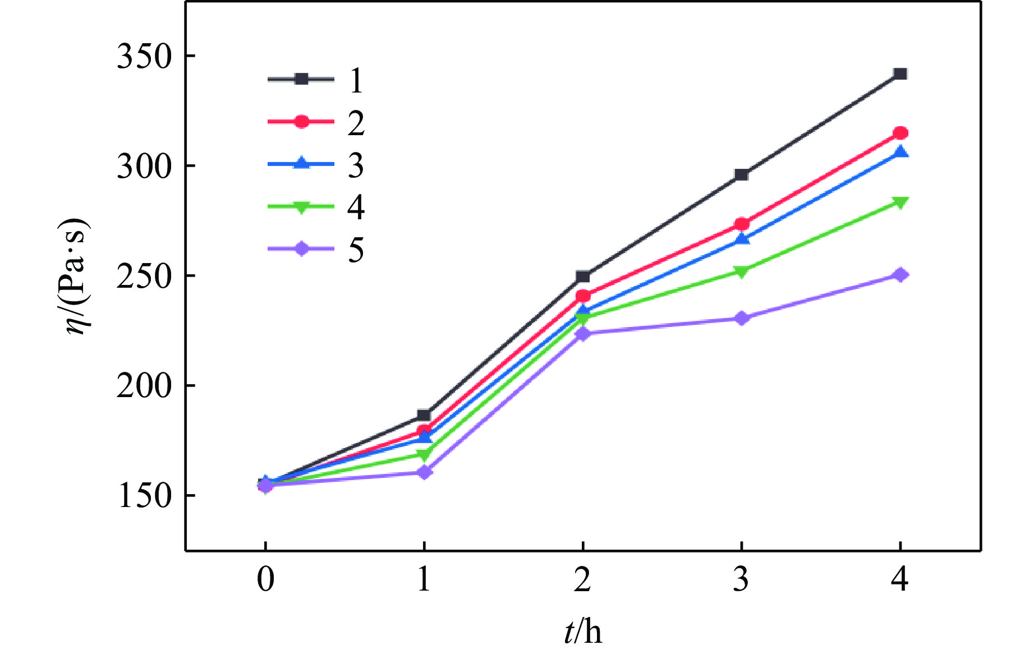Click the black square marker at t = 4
tap(900, 74)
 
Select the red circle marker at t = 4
tap(900, 133)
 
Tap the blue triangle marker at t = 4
tap(900, 152)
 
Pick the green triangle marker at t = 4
tap(900, 202)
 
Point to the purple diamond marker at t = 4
tap(900, 275)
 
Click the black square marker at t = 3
tap(741, 174)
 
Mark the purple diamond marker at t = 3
tap(741, 318)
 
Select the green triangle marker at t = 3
tap(741, 272)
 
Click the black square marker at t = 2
tap(582, 277)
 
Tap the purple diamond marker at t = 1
tap(424, 472)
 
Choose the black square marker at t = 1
tap(424, 416)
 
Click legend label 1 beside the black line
tap(356, 80)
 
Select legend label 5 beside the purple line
tap(356, 250)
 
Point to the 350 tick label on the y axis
tap(143, 57)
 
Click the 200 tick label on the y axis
tap(143, 386)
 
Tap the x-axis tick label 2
tap(582, 579)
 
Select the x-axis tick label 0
tap(265, 579)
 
